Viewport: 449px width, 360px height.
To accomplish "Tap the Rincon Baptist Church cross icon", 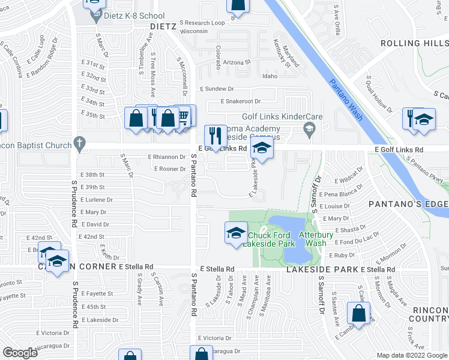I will click(x=77, y=143).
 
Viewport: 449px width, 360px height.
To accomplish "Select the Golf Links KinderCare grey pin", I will click(x=309, y=128).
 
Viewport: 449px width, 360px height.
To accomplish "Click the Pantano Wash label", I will click(x=345, y=99).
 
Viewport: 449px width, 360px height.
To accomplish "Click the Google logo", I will click(x=20, y=352).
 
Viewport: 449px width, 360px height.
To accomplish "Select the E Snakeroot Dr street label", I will click(x=240, y=101).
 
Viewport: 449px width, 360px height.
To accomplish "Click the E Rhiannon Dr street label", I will click(x=167, y=157).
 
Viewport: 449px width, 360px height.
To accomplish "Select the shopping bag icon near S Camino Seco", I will click(x=358, y=313).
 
